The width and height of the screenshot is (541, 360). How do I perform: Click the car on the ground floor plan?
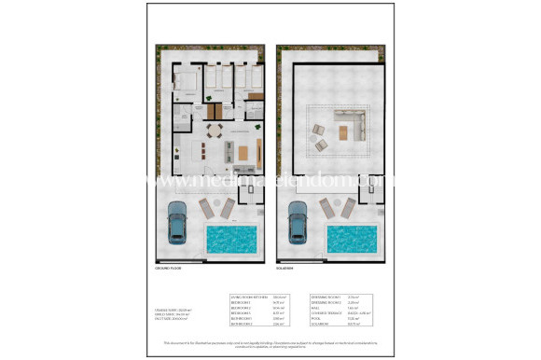pos(177,224)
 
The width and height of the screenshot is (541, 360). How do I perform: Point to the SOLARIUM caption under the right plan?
pos(289,269)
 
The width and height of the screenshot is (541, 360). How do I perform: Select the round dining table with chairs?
pos(215,130)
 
